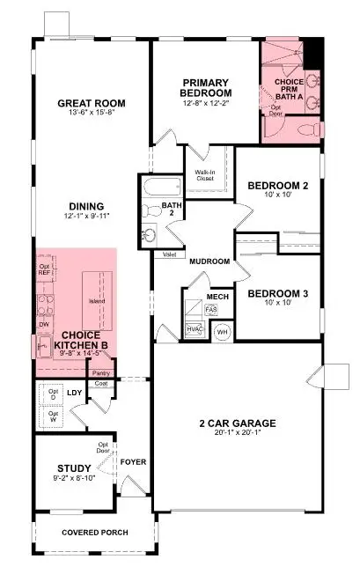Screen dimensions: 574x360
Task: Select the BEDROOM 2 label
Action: (276, 186)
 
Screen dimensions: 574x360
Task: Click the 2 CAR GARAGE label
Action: (239, 422)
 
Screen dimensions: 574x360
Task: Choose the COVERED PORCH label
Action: (94, 533)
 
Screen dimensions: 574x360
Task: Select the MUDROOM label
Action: (209, 261)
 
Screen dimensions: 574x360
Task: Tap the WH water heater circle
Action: (223, 332)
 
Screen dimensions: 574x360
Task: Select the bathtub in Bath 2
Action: (161, 188)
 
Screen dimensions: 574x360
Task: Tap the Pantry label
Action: (100, 372)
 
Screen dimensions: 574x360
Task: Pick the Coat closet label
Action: (100, 383)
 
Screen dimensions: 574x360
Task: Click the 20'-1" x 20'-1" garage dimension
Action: (239, 431)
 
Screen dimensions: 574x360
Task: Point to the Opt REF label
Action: (44, 269)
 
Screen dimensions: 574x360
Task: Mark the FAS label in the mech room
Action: (211, 310)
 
